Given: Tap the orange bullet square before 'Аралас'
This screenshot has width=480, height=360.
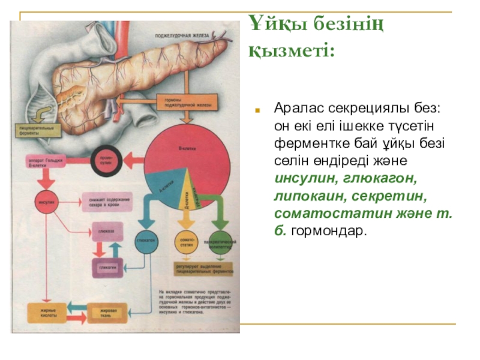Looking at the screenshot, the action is click(x=256, y=111).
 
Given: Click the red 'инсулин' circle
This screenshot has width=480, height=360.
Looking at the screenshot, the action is click(x=47, y=203).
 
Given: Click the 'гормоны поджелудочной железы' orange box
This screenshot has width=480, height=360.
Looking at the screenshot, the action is click(x=177, y=103).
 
